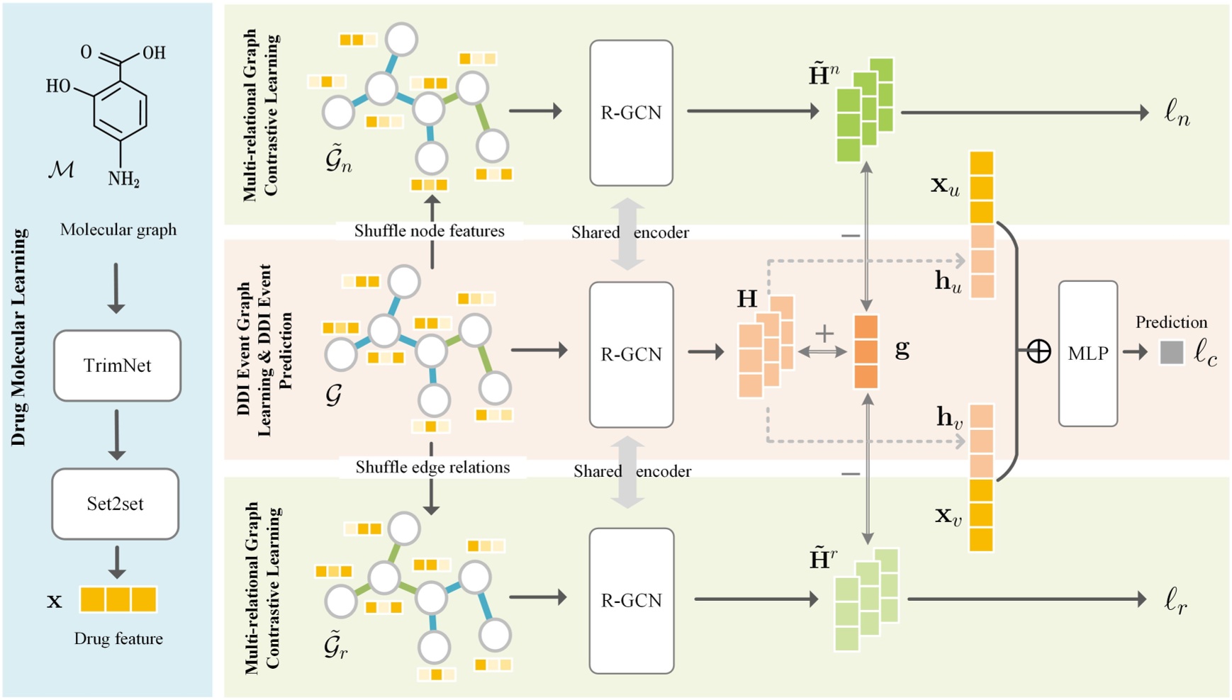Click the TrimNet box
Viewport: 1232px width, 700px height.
click(x=117, y=366)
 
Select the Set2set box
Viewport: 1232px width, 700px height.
click(x=115, y=504)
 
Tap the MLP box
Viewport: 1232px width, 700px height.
click(x=1087, y=354)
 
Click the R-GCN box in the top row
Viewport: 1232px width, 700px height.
click(x=631, y=113)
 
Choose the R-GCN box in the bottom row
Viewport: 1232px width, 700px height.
click(x=631, y=600)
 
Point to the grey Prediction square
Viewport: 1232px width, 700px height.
click(x=1171, y=352)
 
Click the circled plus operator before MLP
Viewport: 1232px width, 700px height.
click(x=1038, y=351)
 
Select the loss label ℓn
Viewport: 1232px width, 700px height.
click(x=1177, y=113)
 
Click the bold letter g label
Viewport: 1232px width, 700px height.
click(x=902, y=348)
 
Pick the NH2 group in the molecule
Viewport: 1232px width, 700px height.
click(x=123, y=179)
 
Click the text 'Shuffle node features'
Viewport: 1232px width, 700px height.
click(x=430, y=231)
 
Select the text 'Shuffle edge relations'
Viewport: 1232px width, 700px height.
click(x=432, y=467)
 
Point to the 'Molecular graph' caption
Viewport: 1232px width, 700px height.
click(x=118, y=230)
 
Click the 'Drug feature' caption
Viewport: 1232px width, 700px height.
click(x=118, y=638)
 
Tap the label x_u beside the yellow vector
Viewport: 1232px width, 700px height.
click(x=945, y=186)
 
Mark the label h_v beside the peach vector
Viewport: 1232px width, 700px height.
click(x=949, y=417)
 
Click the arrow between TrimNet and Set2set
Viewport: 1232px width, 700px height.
click(x=117, y=434)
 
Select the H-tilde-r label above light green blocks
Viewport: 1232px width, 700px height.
click(x=822, y=559)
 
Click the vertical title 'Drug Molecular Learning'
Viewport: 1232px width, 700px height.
click(x=18, y=337)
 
